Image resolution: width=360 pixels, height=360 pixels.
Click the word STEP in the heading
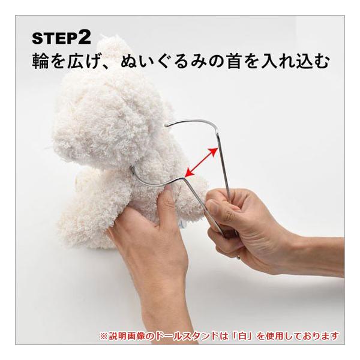(x=55, y=38)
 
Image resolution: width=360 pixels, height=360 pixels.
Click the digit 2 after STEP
(x=85, y=38)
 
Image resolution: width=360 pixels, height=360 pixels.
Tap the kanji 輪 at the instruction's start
(x=41, y=61)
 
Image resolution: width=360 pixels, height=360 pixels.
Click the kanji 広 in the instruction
(x=76, y=61)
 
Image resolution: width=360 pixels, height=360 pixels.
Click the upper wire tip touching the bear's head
(x=166, y=125)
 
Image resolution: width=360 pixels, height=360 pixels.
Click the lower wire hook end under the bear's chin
(x=132, y=168)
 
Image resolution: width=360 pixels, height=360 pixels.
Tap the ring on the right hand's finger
(x=239, y=257)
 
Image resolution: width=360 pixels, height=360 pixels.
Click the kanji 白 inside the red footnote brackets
(x=242, y=336)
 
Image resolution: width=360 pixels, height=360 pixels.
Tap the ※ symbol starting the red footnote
(x=104, y=336)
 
